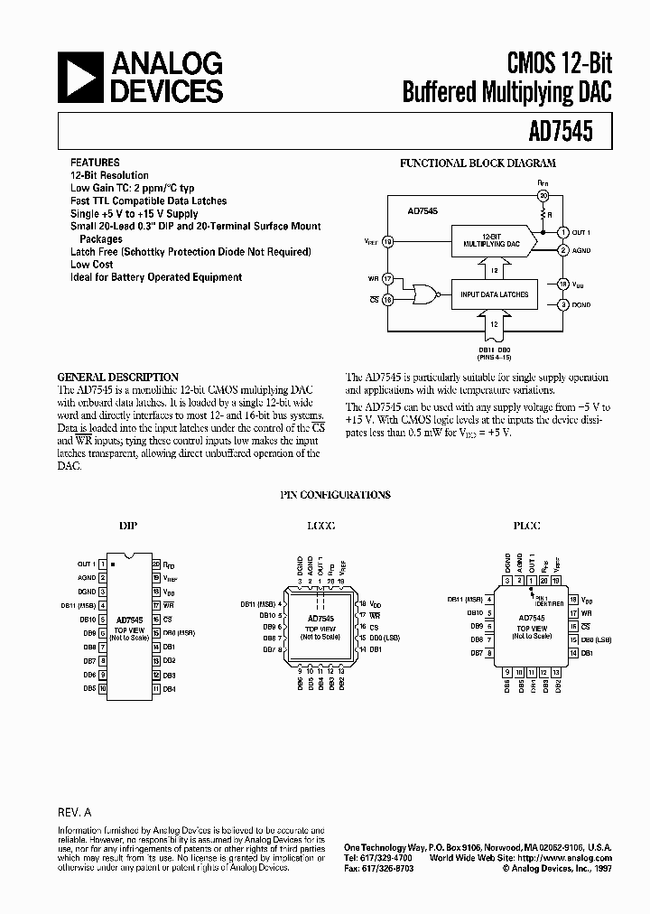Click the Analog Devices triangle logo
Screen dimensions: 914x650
coord(81,77)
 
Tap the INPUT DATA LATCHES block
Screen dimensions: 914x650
coord(494,294)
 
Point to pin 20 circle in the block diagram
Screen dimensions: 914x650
coord(542,195)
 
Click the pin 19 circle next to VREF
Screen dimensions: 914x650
coord(388,241)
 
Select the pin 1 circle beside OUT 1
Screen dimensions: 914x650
coord(562,232)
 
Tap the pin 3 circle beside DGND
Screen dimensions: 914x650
coord(562,305)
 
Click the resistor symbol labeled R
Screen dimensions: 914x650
coord(542,215)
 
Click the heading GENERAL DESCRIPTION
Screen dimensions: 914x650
coord(118,378)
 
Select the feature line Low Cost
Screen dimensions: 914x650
coord(92,265)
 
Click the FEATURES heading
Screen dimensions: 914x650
coord(94,163)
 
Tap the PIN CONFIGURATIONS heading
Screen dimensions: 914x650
coord(333,495)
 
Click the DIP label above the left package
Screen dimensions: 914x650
coord(128,526)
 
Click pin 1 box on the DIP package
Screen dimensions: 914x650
coord(103,564)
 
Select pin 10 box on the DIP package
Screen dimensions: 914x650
coord(103,688)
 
